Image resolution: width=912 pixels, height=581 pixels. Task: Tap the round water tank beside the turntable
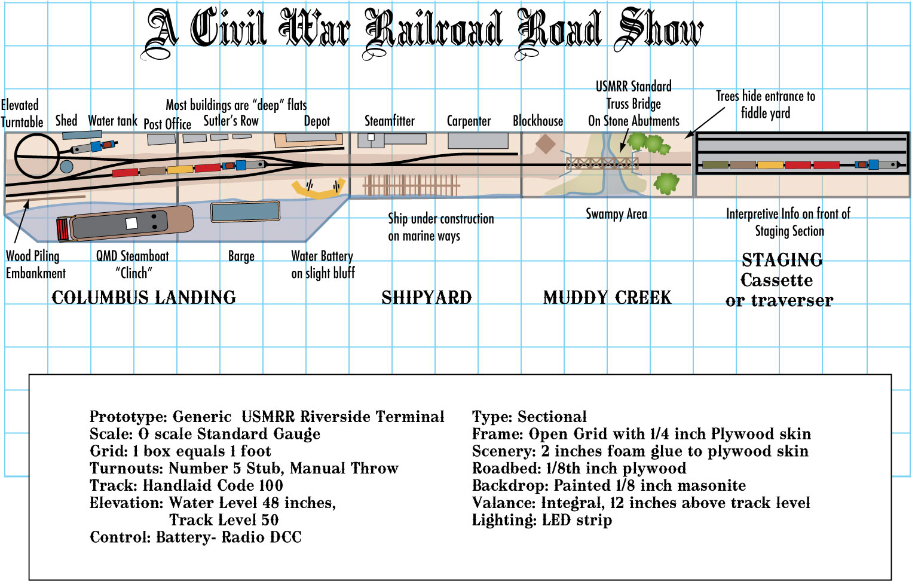click(x=66, y=166)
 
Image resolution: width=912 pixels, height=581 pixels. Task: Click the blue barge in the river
click(x=245, y=212)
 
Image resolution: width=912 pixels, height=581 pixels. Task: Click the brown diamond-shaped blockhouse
click(x=545, y=144)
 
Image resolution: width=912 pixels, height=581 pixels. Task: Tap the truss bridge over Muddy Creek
click(x=602, y=163)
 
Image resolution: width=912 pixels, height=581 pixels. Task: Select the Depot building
click(x=309, y=140)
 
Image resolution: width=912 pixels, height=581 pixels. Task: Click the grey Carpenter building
click(x=478, y=141)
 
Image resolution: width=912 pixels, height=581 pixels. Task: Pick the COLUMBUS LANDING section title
click(x=143, y=298)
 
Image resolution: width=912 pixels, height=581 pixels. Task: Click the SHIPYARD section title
click(x=427, y=298)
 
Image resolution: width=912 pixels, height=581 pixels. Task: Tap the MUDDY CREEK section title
click(x=607, y=298)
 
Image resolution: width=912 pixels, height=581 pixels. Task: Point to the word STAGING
click(x=782, y=260)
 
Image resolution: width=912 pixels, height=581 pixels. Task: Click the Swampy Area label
click(x=616, y=214)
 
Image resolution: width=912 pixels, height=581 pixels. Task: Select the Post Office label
click(x=167, y=124)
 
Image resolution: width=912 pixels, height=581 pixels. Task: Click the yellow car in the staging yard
click(x=770, y=164)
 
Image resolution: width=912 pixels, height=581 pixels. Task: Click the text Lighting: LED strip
click(x=541, y=520)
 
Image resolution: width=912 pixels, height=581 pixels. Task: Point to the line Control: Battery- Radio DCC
click(x=195, y=537)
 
